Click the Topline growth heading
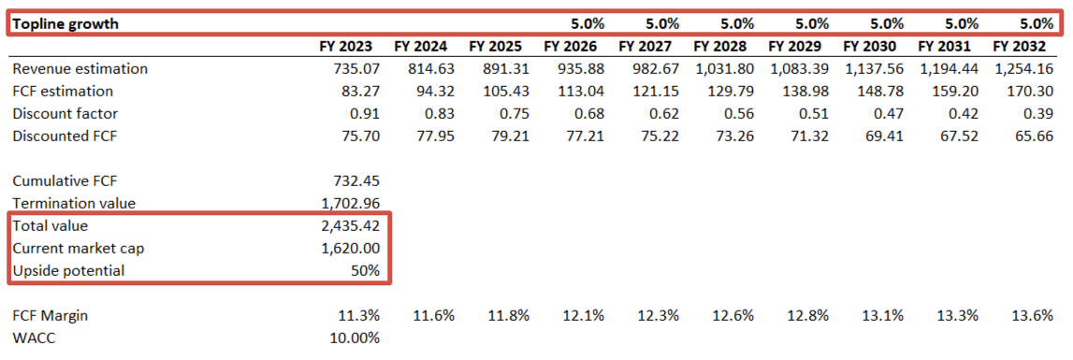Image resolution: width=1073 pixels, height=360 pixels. (x=65, y=23)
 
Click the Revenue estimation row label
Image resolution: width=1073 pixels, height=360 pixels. (x=80, y=68)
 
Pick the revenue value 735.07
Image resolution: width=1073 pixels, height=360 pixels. (x=351, y=68)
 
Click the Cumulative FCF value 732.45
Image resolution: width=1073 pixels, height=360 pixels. (x=355, y=180)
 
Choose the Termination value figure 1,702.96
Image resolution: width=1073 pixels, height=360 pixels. (x=348, y=203)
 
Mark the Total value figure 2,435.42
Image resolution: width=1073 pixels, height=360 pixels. (x=348, y=225)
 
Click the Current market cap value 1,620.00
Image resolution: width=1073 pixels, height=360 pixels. (x=348, y=248)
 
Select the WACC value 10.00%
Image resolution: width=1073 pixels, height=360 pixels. (x=354, y=338)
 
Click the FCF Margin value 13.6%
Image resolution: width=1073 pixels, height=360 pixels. (x=1035, y=315)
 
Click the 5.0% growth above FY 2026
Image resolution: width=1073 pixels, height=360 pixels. (x=586, y=23)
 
